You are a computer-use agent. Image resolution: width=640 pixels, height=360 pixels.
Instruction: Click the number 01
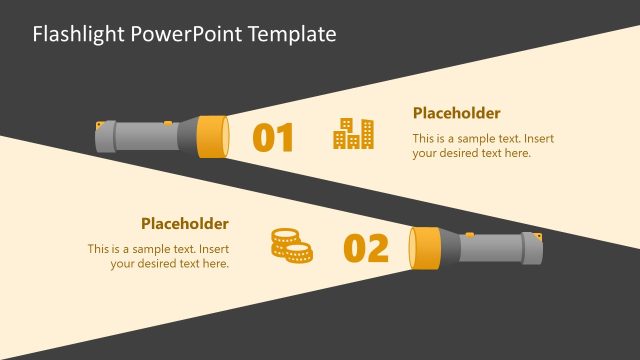coord(273,138)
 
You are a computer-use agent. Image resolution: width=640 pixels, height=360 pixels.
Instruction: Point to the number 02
coord(366,248)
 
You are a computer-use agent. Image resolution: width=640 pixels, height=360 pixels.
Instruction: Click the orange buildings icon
coord(353,134)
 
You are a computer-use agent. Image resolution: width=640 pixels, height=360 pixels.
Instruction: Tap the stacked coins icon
coord(291,245)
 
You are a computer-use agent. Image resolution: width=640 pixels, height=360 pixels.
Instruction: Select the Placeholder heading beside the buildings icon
coord(456,113)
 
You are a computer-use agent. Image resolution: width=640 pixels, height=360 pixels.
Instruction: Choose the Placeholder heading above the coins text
coord(184,224)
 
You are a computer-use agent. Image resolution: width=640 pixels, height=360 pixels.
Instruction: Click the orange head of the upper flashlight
coord(209,136)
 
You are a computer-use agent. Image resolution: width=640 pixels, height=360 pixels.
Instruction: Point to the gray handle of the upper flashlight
coord(140,136)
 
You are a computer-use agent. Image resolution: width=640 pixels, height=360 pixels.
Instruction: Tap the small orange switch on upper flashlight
coord(99,124)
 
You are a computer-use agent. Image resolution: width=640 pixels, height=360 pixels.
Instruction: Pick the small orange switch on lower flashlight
coord(539,236)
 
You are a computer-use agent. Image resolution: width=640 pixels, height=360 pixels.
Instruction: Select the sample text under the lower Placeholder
coord(159,256)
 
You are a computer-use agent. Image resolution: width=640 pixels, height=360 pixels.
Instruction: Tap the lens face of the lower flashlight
coord(410,248)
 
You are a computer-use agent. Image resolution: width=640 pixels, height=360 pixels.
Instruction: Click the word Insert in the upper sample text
coord(538,139)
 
